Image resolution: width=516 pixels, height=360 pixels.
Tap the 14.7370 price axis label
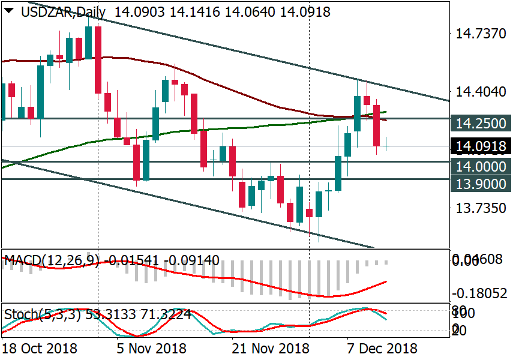coord(481,35)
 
